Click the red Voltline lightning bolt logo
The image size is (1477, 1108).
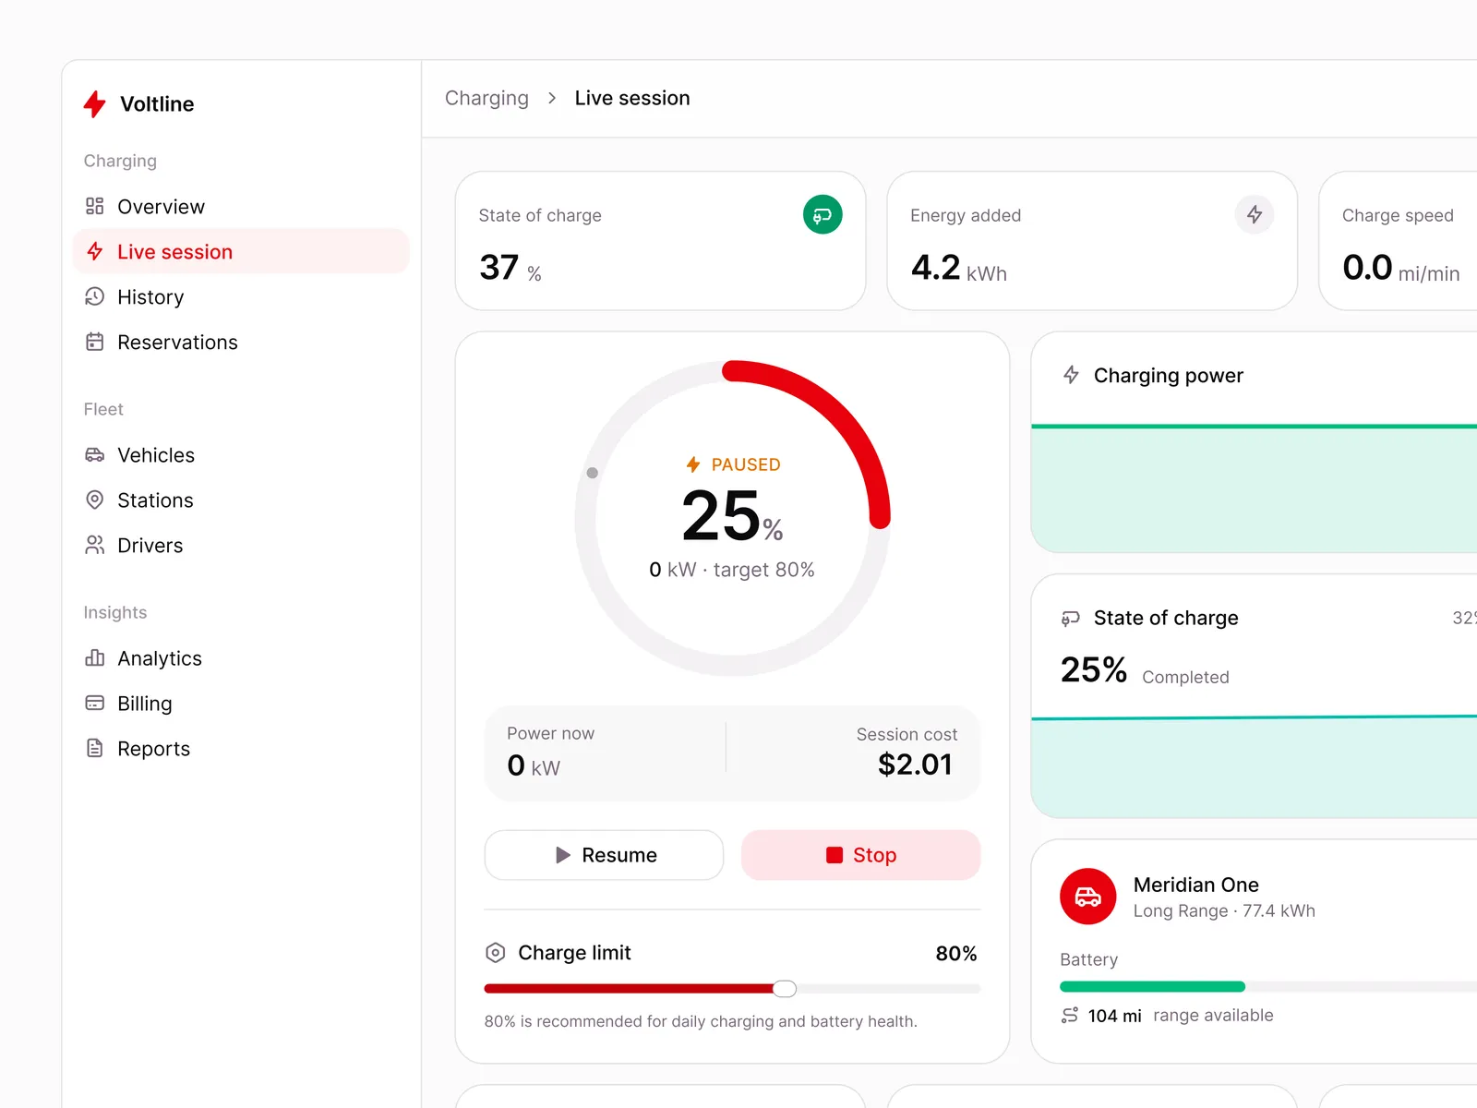(x=95, y=103)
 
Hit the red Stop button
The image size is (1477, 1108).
(x=860, y=854)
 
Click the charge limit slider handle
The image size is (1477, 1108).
(x=784, y=988)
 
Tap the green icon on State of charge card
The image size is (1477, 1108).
(x=823, y=214)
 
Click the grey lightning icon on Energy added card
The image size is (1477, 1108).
(x=1254, y=214)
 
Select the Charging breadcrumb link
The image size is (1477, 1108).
(x=486, y=98)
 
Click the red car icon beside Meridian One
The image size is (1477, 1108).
(x=1087, y=896)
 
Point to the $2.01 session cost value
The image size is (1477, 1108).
(x=915, y=765)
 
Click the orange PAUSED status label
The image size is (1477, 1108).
(x=733, y=464)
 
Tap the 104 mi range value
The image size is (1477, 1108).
(x=1114, y=1015)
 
